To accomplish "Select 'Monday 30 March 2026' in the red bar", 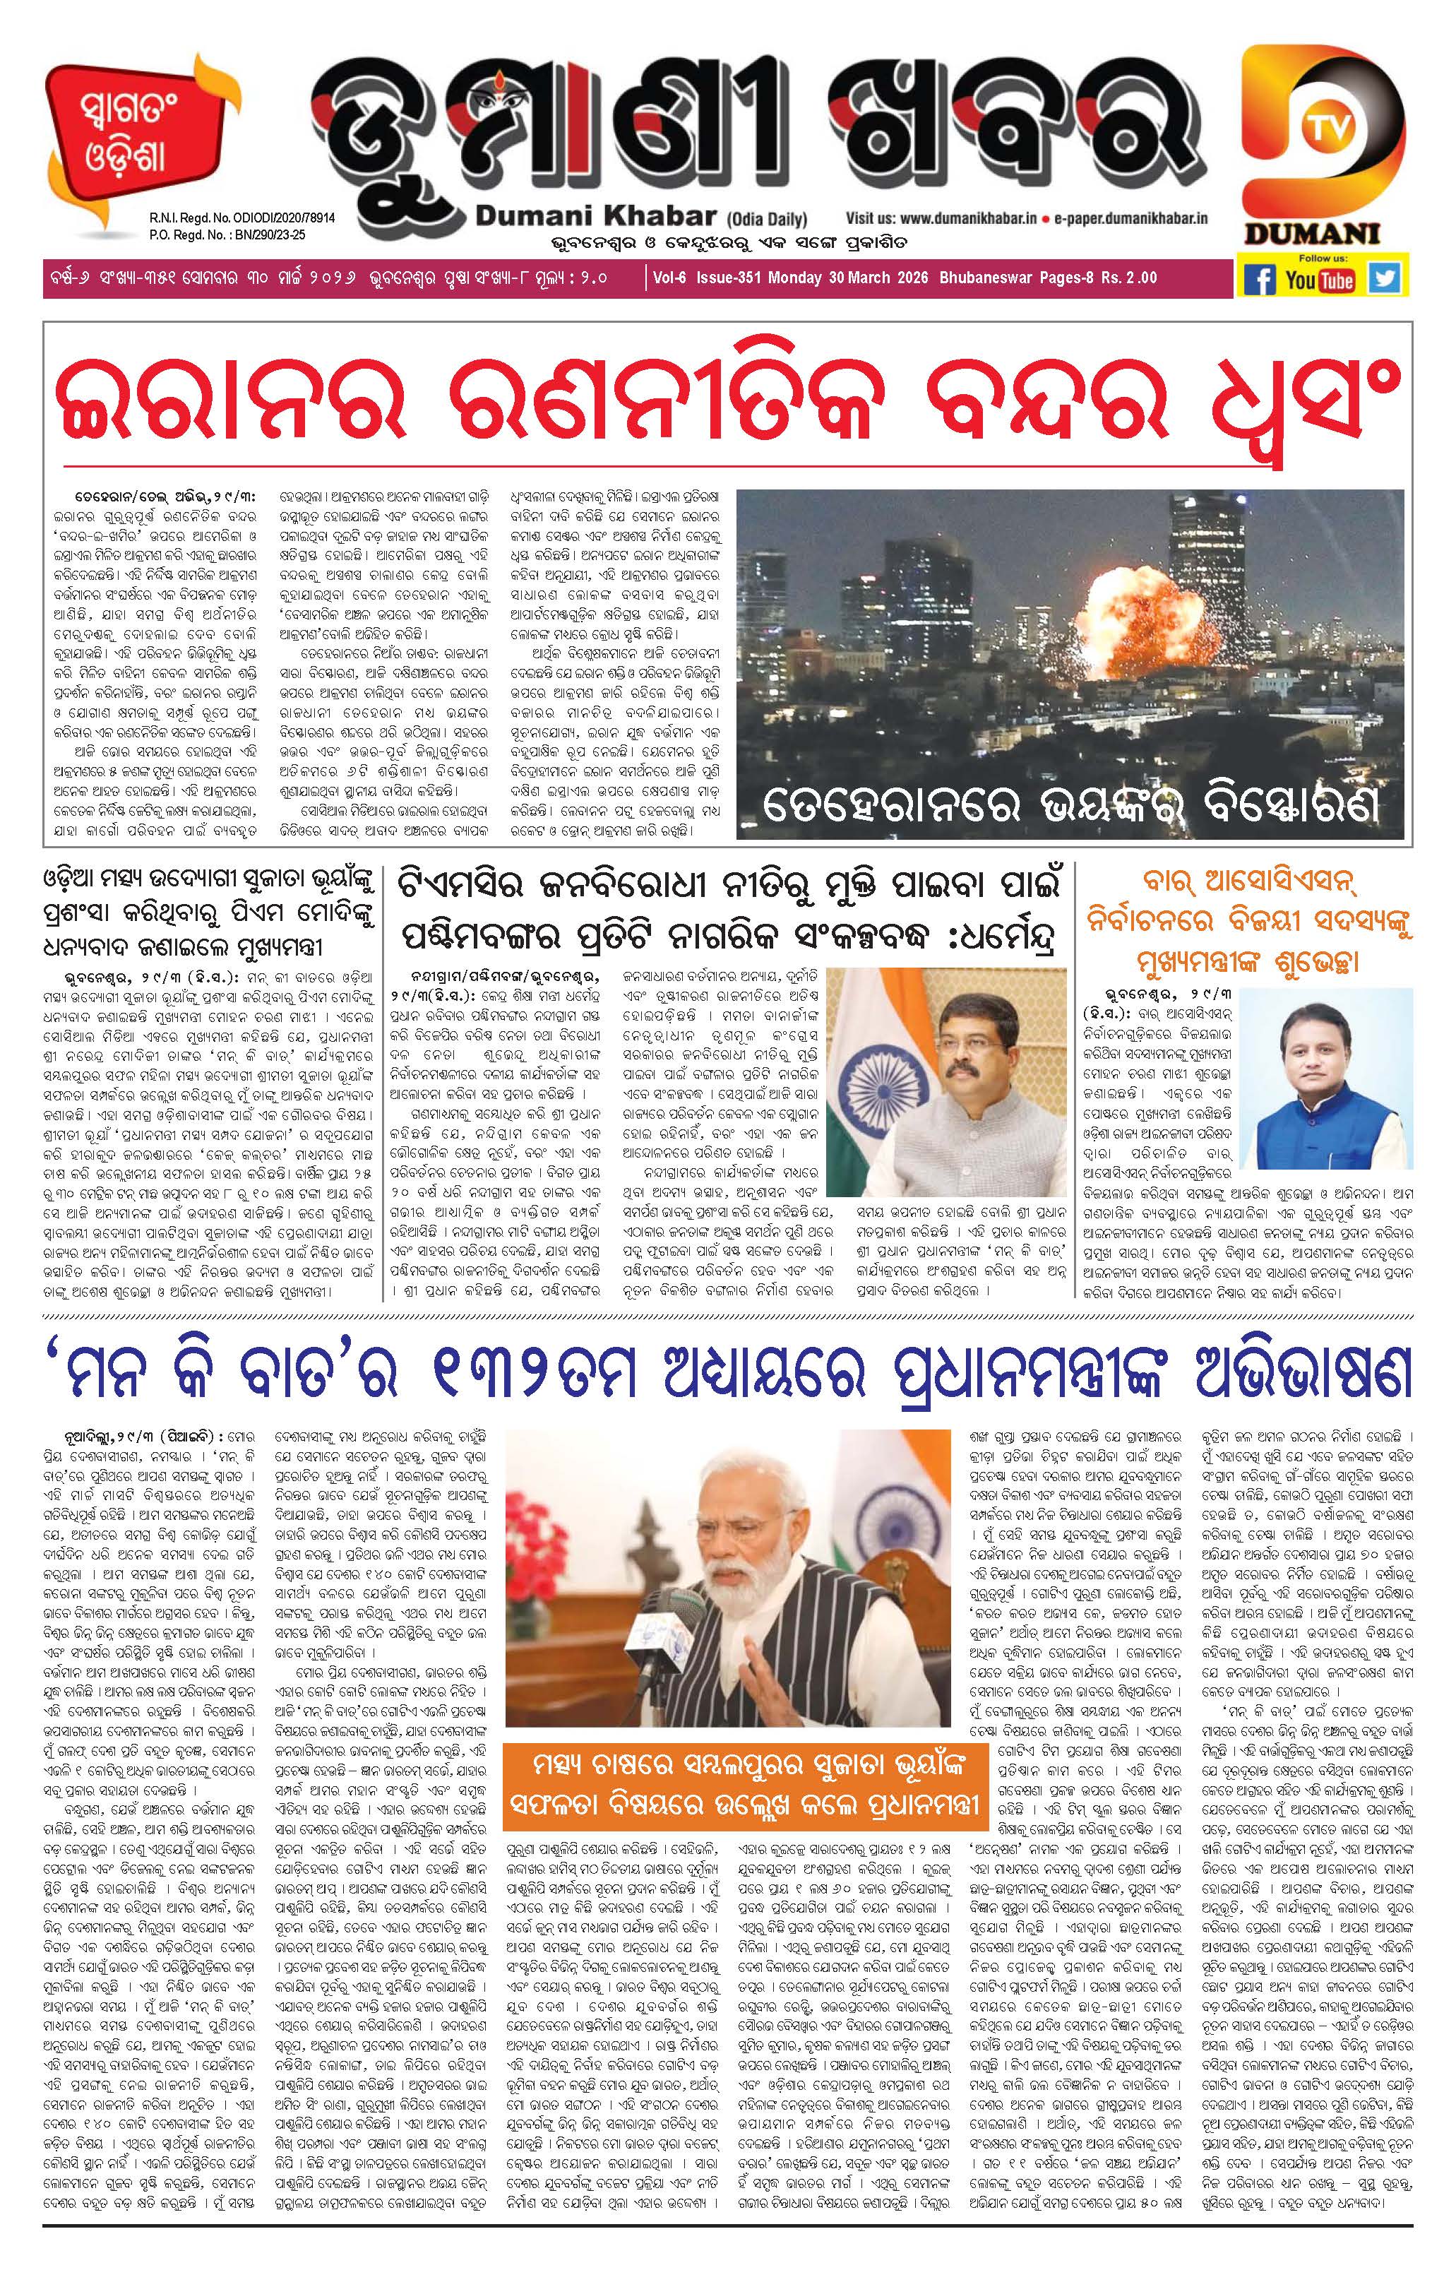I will click(849, 278).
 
